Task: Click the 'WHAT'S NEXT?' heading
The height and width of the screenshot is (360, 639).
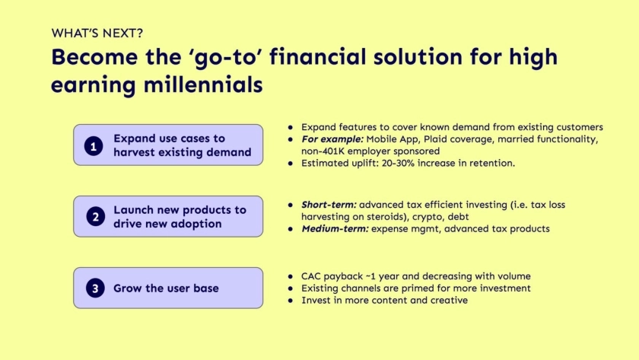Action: coord(97,33)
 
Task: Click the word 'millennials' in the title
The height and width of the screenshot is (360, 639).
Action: coord(203,84)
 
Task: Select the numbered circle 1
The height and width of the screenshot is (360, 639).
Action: coord(94,146)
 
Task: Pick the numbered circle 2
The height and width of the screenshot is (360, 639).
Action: coord(95,216)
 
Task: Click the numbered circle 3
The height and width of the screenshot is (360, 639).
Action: coord(95,288)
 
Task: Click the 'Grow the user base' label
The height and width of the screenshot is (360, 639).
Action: coord(166,288)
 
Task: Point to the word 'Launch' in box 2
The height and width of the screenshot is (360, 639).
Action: coord(134,209)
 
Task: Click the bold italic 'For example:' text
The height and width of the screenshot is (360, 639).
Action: coord(332,139)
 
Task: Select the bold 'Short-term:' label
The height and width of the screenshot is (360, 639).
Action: coord(329,205)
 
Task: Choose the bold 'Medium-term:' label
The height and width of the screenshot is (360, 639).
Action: coord(335,229)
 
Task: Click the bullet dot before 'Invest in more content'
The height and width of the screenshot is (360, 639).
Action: coord(290,301)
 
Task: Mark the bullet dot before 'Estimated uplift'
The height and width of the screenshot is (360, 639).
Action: coord(290,164)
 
